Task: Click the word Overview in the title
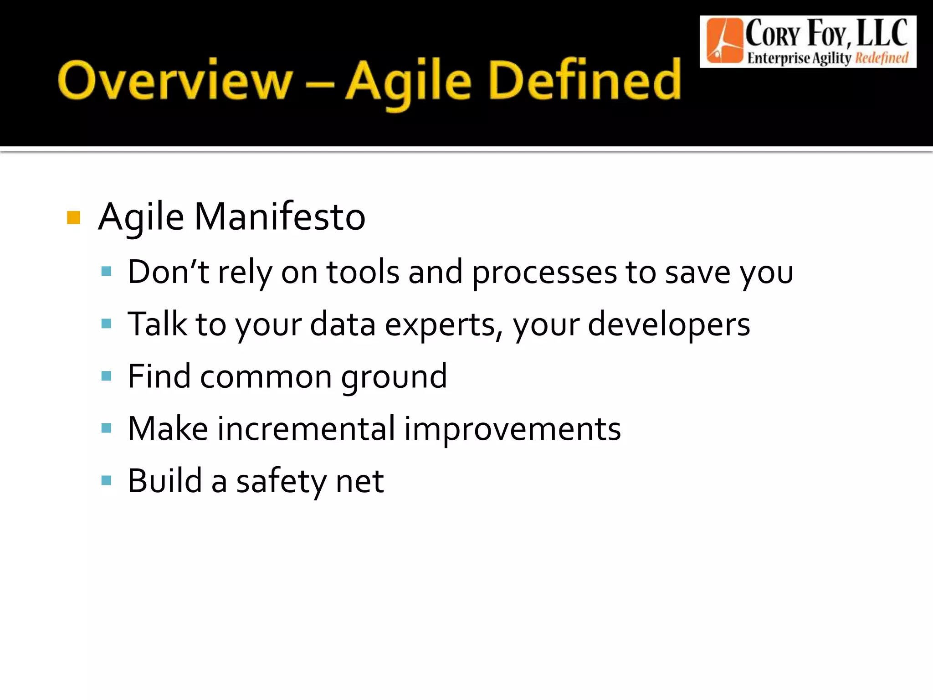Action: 175,81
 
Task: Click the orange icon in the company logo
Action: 724,41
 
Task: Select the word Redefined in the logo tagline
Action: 881,58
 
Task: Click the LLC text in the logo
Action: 882,33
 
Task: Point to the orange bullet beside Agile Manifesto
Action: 73,218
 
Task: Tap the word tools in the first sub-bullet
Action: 363,272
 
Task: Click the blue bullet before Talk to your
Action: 107,324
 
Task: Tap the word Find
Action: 159,376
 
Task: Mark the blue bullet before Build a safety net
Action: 107,480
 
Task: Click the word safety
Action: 280,481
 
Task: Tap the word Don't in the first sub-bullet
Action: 168,272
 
